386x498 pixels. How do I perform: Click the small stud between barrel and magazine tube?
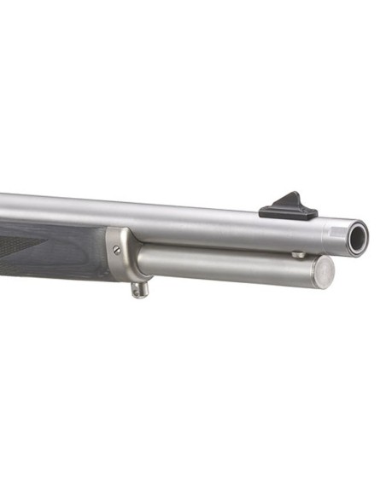(297, 254)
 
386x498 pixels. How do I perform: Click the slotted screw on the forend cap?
(116, 250)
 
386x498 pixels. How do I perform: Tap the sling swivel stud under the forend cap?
(138, 288)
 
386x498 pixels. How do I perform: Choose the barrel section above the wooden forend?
(51, 207)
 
